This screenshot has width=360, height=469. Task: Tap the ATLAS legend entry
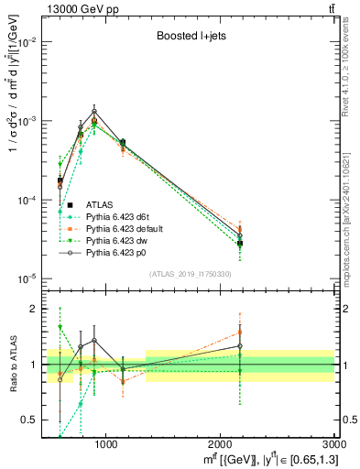tap(101, 204)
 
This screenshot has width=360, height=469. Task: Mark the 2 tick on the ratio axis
tap(38, 309)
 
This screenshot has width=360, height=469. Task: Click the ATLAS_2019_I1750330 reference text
tap(191, 274)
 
